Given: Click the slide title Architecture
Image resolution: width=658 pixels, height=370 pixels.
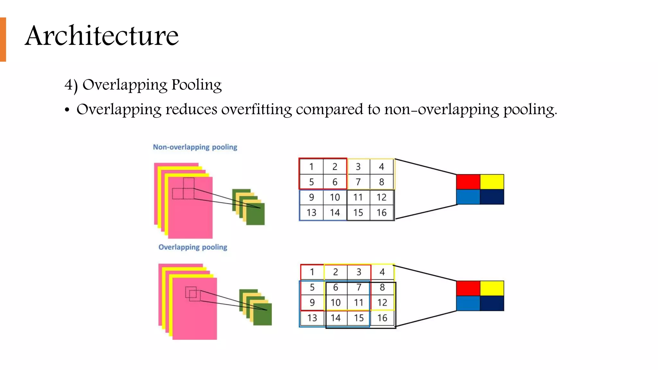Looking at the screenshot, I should coord(102,36).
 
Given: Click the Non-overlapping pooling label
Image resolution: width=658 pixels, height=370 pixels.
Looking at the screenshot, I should coord(195,147).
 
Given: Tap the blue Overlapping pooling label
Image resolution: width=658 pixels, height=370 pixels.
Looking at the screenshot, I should coord(193,247).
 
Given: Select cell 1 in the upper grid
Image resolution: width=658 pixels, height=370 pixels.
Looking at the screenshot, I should coord(311,167).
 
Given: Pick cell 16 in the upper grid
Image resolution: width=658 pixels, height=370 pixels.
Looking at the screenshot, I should coord(381,213).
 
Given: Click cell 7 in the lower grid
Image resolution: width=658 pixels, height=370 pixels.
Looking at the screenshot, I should coord(359,287).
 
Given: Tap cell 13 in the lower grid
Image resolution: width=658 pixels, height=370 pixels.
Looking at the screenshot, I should coord(312,318).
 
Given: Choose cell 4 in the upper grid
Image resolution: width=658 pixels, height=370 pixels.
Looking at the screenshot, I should coord(381,167).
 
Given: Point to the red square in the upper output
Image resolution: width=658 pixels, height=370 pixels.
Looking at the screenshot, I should coord(468,182).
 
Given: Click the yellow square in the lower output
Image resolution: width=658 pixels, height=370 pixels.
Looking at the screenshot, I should coord(492,288).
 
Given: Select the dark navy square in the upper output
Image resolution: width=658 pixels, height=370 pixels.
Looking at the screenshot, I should coord(492,197).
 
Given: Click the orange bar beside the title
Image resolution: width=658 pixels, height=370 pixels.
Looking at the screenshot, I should coord(3,39).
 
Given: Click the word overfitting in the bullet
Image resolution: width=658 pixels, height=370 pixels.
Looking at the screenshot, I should coord(256,110).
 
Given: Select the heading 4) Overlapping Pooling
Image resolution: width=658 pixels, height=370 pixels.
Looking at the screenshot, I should coord(143,85).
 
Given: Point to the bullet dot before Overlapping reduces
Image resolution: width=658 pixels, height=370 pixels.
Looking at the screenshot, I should coord(67,110).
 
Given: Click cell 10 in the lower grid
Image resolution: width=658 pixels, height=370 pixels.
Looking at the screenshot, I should coord(335,303).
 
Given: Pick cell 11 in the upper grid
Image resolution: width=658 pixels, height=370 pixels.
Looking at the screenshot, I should coord(358,197).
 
